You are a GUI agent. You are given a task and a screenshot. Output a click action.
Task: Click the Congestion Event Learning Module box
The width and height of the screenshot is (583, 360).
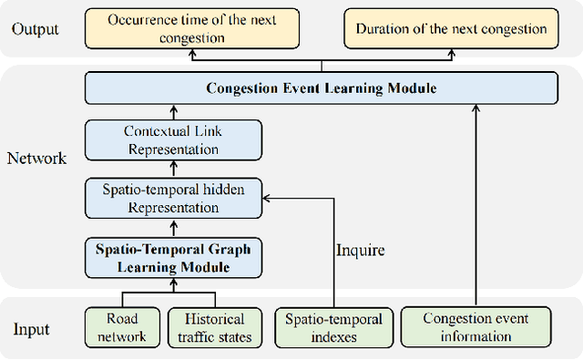[x=322, y=88]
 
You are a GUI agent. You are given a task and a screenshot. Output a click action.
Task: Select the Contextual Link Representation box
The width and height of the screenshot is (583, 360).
[x=174, y=140]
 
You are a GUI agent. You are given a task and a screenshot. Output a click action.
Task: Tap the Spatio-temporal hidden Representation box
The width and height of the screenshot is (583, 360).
[x=174, y=198]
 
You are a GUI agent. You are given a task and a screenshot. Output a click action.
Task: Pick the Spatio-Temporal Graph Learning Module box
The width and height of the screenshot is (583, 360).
[x=174, y=257]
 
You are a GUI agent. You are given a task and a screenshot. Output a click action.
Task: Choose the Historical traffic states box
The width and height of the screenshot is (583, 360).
[x=215, y=328]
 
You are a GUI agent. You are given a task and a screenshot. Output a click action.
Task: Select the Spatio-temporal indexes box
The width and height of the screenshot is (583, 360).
[x=334, y=328]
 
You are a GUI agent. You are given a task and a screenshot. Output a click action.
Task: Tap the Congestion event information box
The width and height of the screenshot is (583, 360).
[x=476, y=328]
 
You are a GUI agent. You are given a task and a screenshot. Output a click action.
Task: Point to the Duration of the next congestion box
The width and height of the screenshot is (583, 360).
[x=451, y=29]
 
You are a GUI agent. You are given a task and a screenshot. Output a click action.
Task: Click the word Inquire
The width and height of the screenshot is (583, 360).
[x=361, y=249]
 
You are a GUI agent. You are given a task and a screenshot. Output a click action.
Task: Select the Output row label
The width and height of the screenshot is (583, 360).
[x=35, y=28]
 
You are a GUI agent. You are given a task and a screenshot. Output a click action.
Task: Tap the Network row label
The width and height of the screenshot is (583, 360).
[x=37, y=158]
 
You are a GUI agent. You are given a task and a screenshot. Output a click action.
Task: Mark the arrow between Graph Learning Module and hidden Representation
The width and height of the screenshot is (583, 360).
[x=174, y=227]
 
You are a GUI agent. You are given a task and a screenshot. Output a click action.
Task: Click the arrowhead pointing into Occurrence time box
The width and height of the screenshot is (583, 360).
[x=192, y=54]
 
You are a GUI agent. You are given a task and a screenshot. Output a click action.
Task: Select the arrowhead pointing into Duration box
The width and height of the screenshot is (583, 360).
[x=451, y=54]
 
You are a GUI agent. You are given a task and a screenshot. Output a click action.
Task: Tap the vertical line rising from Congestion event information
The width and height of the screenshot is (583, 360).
[x=476, y=210]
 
